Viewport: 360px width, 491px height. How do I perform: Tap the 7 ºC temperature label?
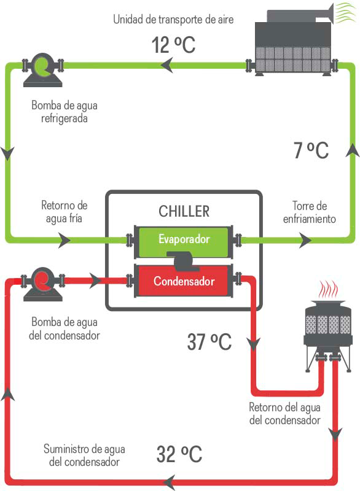click(x=310, y=150)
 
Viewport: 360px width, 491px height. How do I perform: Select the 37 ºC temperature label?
click(x=209, y=341)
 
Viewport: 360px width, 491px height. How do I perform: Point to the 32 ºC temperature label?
click(x=179, y=455)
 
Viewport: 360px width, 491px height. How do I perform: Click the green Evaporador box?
click(x=184, y=238)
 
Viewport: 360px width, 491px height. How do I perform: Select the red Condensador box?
click(x=184, y=282)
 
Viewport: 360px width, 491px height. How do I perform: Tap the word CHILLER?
click(x=184, y=212)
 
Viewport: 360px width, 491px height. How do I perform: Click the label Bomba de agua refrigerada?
click(x=64, y=112)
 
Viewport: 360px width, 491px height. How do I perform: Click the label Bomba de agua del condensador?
click(x=65, y=328)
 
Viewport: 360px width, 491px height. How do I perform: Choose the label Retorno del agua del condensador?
click(x=284, y=414)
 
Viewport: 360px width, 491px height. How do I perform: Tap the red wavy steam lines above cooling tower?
click(x=329, y=289)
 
